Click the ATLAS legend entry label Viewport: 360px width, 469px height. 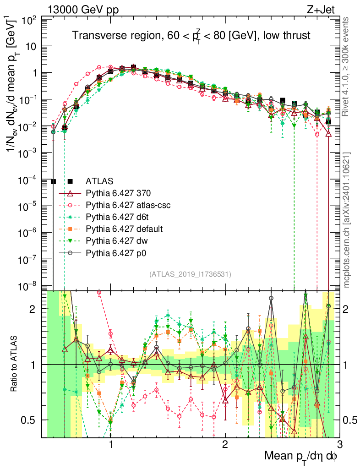pos(99,180)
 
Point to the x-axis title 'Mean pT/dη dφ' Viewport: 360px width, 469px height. pos(302,457)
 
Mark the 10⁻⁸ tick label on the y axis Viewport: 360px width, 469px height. pos(30,287)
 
